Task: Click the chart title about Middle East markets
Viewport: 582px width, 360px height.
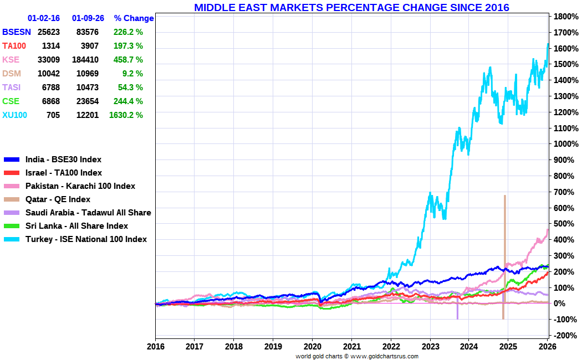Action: (351, 7)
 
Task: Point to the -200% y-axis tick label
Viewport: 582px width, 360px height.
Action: (564, 336)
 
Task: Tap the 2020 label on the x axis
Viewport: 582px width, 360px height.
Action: (312, 347)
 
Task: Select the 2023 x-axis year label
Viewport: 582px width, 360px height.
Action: (430, 347)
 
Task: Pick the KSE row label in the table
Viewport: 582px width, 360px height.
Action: (11, 60)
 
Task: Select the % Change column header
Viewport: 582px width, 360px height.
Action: (134, 18)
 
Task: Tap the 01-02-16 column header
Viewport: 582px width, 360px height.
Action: (44, 18)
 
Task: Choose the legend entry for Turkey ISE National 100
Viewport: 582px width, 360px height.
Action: (86, 239)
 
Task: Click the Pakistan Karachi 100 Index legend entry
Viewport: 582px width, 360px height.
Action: (80, 186)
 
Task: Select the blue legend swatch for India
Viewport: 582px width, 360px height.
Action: (12, 160)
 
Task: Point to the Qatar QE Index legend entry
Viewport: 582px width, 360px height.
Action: (58, 199)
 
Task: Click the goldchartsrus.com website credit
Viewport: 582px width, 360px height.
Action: (384, 356)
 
